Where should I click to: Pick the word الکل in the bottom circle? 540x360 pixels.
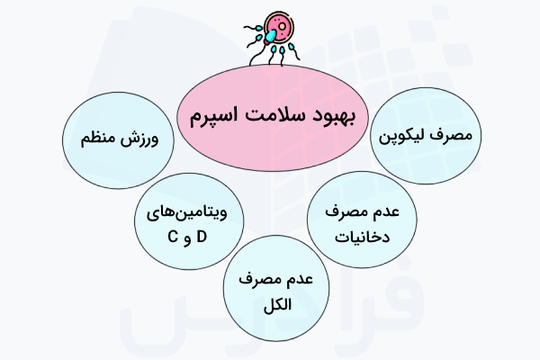(x=268, y=302)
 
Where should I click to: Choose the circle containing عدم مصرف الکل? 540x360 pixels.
(x=268, y=292)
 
